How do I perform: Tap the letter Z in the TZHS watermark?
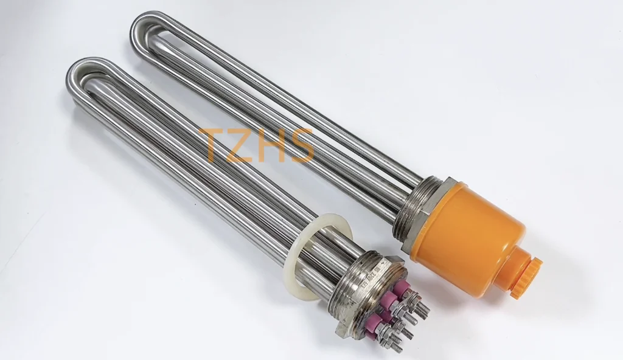pos(244,145)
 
